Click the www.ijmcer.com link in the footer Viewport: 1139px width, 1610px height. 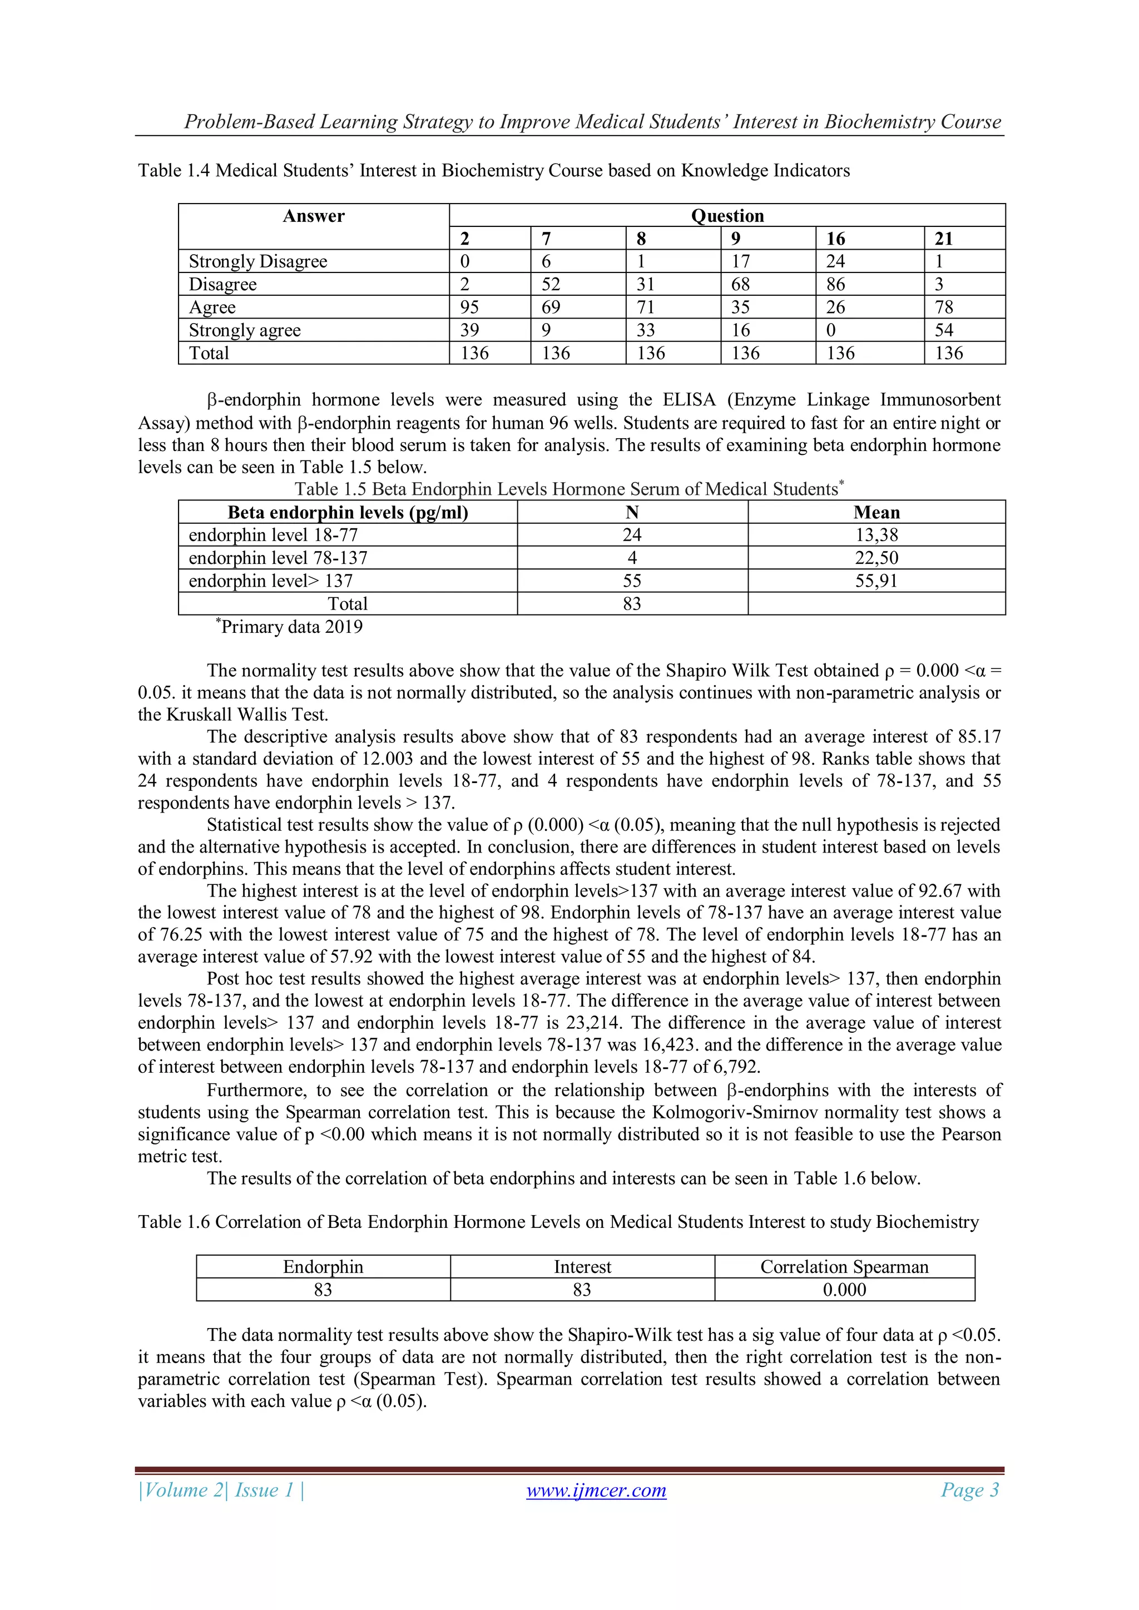pyautogui.click(x=596, y=1490)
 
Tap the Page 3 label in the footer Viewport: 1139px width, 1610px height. pyautogui.click(x=969, y=1489)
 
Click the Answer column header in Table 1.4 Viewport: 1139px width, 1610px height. pyautogui.click(x=314, y=216)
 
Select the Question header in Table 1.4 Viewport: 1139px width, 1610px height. pyautogui.click(x=727, y=216)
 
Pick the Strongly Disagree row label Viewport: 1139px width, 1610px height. pyautogui.click(x=258, y=261)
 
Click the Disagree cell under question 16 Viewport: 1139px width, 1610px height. pyautogui.click(x=835, y=285)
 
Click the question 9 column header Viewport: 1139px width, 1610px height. pyautogui.click(x=736, y=239)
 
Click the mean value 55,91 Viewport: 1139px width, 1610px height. pyautogui.click(x=876, y=581)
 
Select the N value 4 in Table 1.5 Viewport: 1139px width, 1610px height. pyautogui.click(x=632, y=558)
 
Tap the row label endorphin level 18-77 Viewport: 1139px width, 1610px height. pyautogui.click(x=274, y=536)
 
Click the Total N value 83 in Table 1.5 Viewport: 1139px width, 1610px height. pyautogui.click(x=632, y=604)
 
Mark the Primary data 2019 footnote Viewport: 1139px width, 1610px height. pyautogui.click(x=290, y=626)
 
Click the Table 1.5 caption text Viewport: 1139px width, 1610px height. pyautogui.click(x=569, y=489)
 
